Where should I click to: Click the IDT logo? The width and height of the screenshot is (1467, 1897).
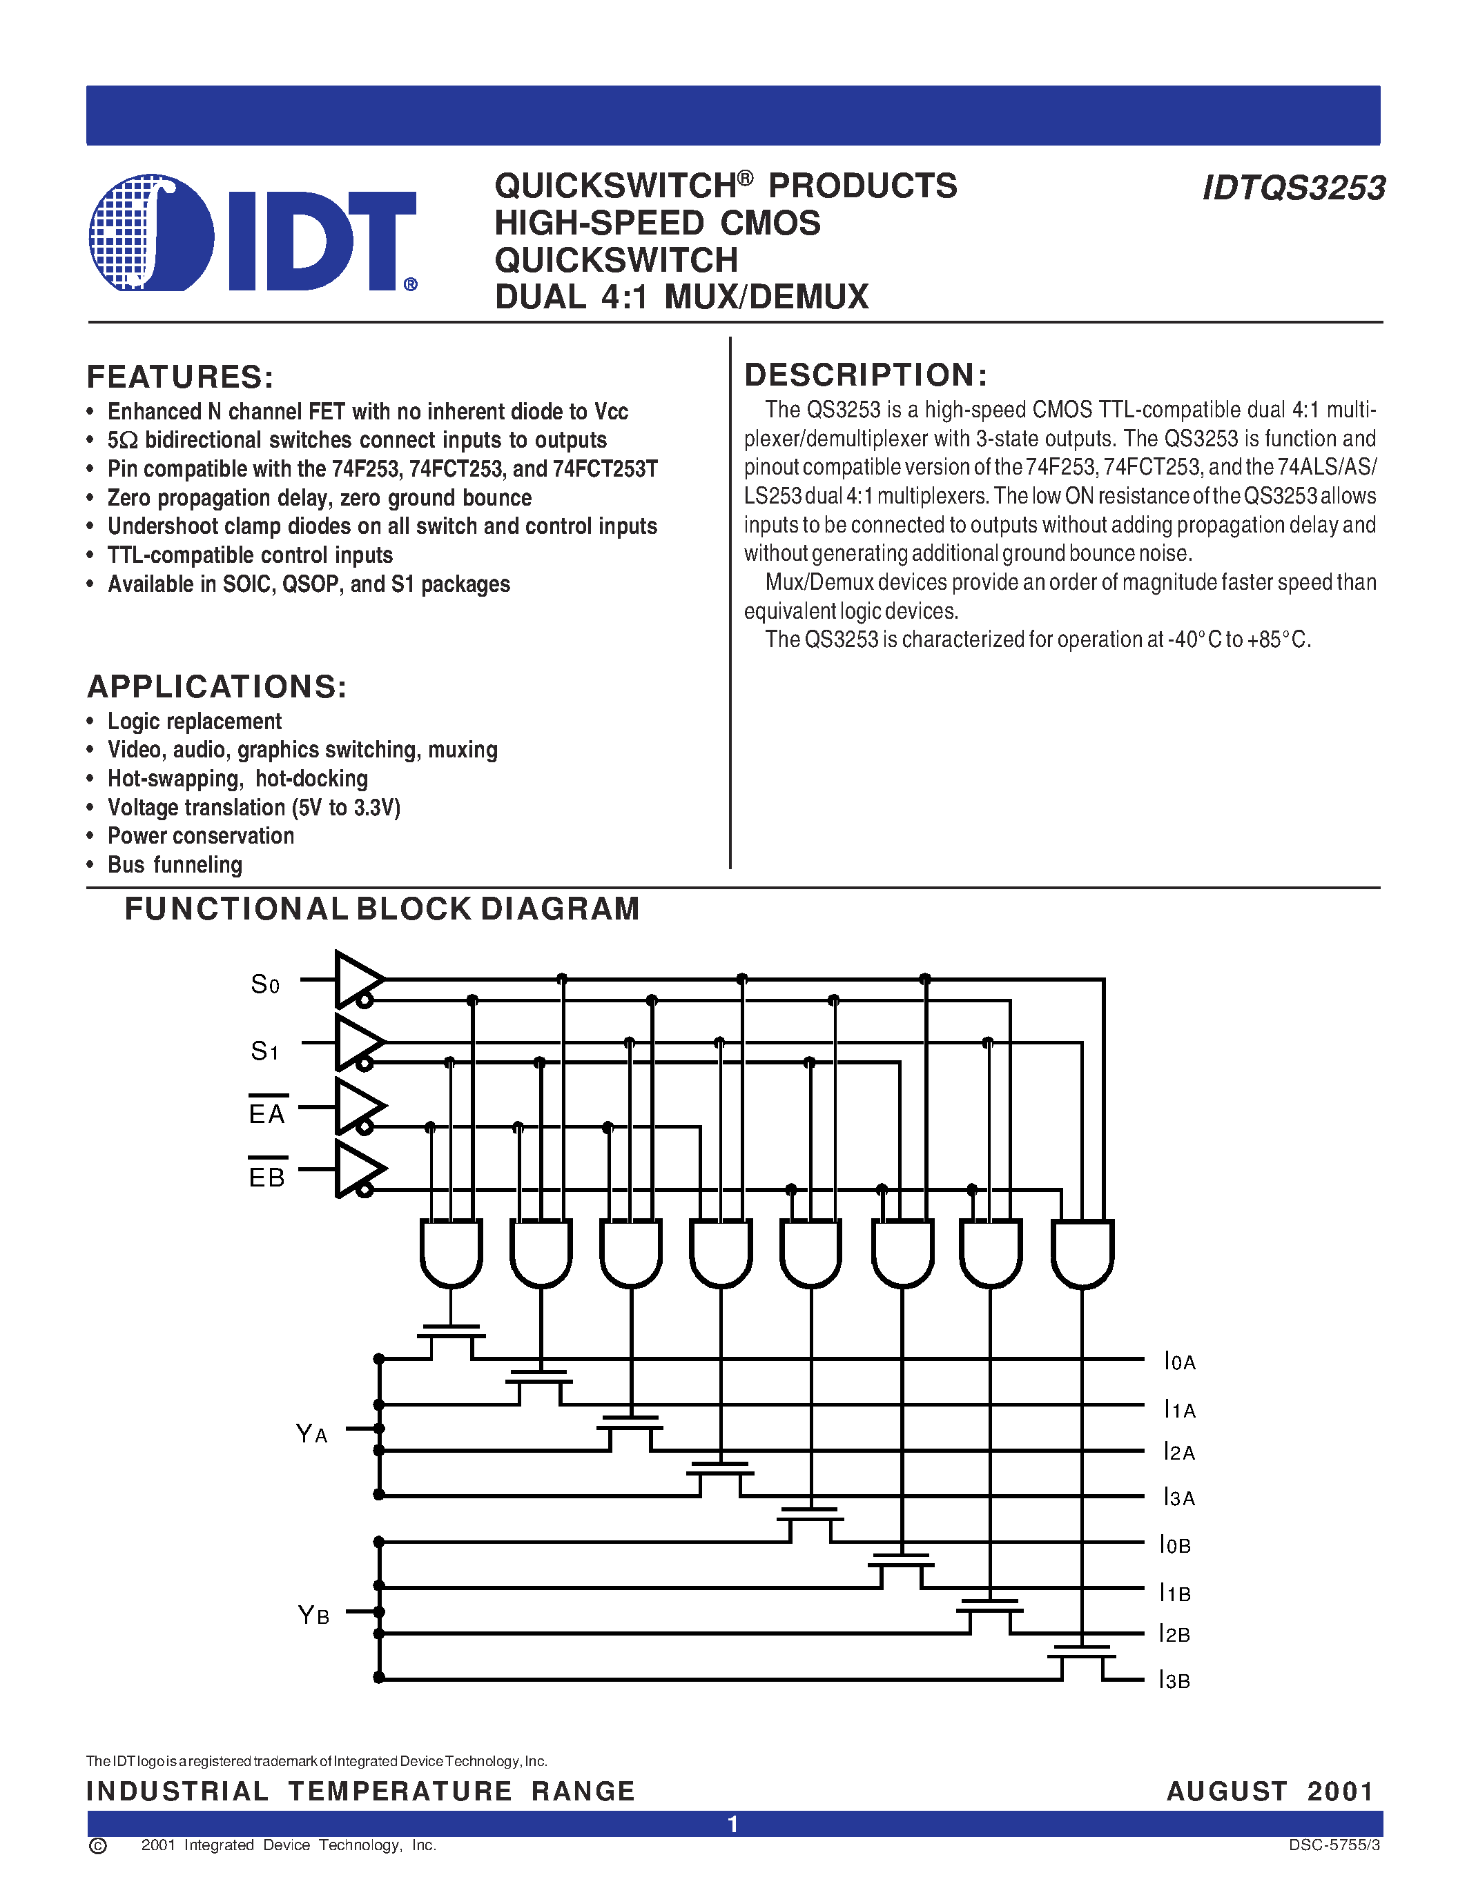tap(252, 232)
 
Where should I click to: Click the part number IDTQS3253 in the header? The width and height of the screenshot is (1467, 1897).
tap(1293, 188)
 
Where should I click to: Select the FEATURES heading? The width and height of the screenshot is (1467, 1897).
tap(180, 377)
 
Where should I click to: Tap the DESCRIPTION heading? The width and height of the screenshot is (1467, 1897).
tap(866, 375)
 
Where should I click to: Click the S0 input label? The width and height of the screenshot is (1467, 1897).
tap(265, 984)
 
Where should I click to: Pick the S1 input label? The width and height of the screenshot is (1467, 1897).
tap(265, 1051)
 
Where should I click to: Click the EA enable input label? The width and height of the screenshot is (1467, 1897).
tap(266, 1113)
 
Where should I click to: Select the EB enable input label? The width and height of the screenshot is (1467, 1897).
tap(266, 1176)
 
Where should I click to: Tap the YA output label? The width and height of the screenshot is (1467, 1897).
tap(311, 1433)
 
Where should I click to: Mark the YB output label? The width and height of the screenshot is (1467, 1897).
tap(313, 1615)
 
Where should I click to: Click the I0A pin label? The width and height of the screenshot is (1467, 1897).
tap(1179, 1361)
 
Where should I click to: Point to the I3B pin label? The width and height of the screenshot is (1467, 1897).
tap(1174, 1680)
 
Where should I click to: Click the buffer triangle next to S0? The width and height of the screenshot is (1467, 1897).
tap(356, 979)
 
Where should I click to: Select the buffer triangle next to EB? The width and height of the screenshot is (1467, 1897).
tap(356, 1169)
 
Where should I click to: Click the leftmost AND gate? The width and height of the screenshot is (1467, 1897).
tap(451, 1251)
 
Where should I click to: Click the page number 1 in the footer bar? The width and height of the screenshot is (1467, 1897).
tap(732, 1824)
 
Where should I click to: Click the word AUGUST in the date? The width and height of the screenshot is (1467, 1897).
tap(1226, 1791)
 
